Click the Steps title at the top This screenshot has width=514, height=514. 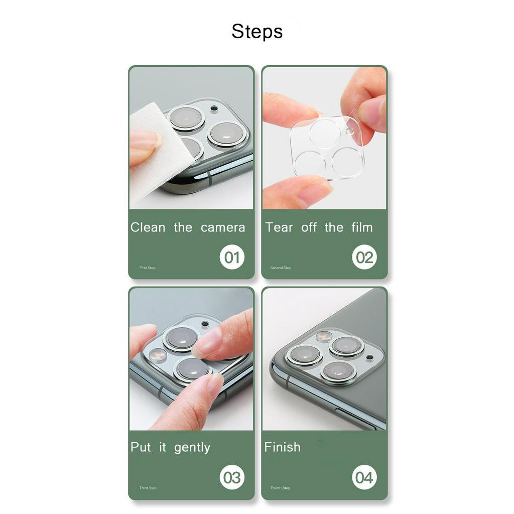257,32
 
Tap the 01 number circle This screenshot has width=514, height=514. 232,257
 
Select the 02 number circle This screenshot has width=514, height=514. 364,257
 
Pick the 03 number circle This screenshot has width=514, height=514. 232,477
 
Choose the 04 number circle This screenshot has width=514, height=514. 364,477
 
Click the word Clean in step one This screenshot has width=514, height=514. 148,227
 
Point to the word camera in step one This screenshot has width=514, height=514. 223,228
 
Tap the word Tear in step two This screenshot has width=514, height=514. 279,227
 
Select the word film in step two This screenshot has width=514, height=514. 362,227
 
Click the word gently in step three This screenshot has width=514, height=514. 192,448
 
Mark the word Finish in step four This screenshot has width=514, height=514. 282,447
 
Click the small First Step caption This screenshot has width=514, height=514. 147,268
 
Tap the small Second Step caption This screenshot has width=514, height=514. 281,268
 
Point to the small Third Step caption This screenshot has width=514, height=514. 148,488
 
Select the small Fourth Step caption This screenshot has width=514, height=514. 280,488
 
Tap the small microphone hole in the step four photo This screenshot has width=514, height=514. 370,357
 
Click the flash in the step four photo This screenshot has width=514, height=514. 324,336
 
